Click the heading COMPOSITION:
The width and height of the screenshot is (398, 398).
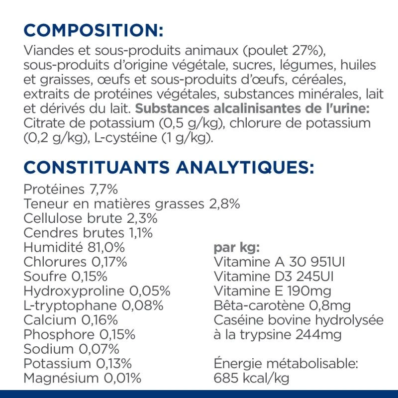(94, 30)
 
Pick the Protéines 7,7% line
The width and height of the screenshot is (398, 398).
(70, 190)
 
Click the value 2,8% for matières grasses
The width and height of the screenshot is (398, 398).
(223, 203)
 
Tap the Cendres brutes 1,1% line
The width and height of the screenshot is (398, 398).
(88, 232)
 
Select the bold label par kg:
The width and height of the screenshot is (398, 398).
(237, 247)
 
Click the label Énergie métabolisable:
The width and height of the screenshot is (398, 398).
(286, 364)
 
